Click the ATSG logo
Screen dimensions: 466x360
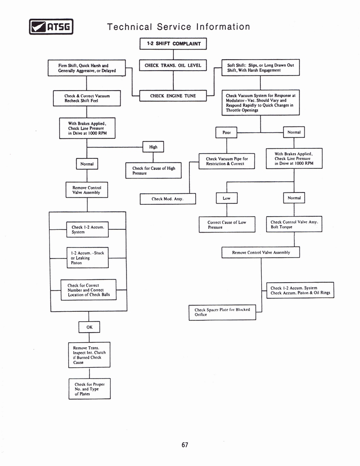51,27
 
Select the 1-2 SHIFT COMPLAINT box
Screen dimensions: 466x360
173,44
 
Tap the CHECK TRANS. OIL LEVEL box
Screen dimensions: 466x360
173,66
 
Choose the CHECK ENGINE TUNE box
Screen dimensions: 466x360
173,96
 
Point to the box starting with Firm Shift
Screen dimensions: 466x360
86,68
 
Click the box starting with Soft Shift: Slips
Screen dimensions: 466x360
260,68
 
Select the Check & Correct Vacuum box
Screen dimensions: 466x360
86,98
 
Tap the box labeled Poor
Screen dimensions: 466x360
227,132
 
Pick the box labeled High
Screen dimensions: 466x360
153,147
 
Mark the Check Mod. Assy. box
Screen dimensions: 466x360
167,199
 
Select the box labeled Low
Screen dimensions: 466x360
227,198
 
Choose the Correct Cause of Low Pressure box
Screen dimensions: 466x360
227,224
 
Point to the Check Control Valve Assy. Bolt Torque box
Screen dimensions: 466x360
294,224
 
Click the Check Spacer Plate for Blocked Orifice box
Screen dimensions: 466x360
222,312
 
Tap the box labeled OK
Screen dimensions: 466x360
89,327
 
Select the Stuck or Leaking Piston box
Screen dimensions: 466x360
87,258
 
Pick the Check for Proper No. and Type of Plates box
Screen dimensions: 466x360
90,389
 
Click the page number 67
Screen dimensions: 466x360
185,445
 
